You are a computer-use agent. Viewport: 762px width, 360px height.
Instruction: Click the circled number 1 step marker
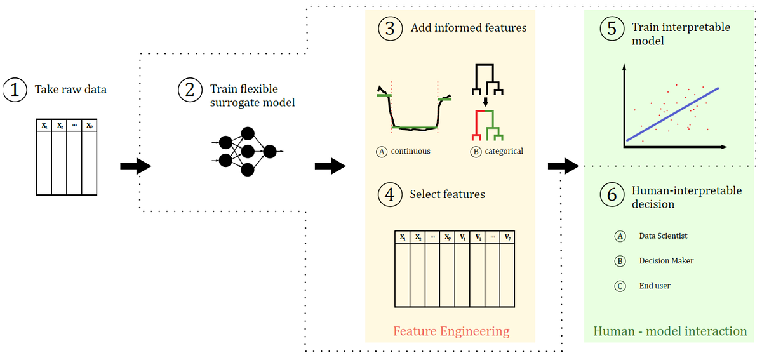pyautogui.click(x=15, y=90)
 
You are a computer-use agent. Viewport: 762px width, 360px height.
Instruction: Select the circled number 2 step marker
pyautogui.click(x=189, y=90)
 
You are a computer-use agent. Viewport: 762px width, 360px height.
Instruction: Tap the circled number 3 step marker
pyautogui.click(x=390, y=29)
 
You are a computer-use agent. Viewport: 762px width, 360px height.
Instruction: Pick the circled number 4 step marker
pyautogui.click(x=390, y=195)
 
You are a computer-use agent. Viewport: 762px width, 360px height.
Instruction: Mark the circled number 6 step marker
pyautogui.click(x=612, y=195)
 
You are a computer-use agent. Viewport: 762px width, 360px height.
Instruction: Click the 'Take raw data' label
pyautogui.click(x=70, y=90)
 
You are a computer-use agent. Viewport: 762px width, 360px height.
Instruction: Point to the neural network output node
pyautogui.click(x=269, y=151)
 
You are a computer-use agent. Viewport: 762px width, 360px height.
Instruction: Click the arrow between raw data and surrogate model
pyautogui.click(x=135, y=166)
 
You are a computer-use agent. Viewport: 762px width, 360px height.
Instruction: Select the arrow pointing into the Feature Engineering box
pyautogui.click(x=330, y=166)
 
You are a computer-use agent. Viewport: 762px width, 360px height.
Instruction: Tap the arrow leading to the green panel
pyautogui.click(x=563, y=166)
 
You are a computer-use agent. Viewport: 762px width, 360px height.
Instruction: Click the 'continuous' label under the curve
pyautogui.click(x=410, y=151)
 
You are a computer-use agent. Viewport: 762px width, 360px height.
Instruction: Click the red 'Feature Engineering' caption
pyautogui.click(x=451, y=331)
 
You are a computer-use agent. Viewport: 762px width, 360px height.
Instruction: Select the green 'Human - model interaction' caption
pyautogui.click(x=670, y=331)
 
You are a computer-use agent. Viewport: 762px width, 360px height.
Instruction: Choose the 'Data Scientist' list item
pyautogui.click(x=663, y=236)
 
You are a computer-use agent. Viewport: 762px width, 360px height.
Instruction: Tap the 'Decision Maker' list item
pyautogui.click(x=666, y=261)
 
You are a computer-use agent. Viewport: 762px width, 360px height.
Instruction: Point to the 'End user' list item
pyautogui.click(x=655, y=286)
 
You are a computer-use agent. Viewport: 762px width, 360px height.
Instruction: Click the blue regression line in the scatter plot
pyautogui.click(x=673, y=113)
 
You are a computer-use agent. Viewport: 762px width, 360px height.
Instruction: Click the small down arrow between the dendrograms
pyautogui.click(x=485, y=101)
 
